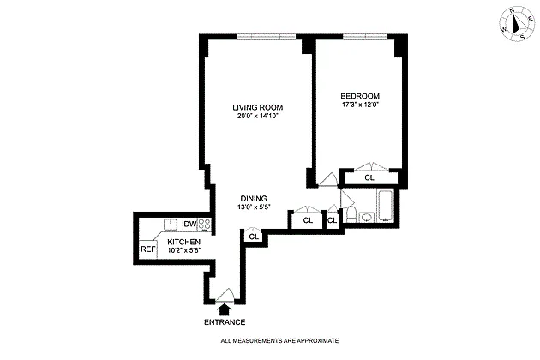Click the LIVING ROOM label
(x=258, y=107)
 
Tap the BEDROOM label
(x=360, y=96)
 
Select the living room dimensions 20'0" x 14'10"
(x=258, y=116)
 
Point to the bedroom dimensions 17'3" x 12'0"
(x=360, y=105)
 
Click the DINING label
(x=254, y=199)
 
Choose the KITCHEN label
(x=183, y=242)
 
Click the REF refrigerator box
(x=148, y=249)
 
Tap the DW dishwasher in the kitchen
(x=189, y=225)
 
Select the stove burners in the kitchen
(x=204, y=225)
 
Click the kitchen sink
(x=171, y=225)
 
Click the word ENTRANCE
(x=225, y=322)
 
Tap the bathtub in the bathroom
(x=386, y=206)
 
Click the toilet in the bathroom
(x=351, y=214)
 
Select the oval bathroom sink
(x=367, y=218)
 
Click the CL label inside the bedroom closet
(x=369, y=177)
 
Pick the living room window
(x=266, y=37)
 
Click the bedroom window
(x=364, y=37)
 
